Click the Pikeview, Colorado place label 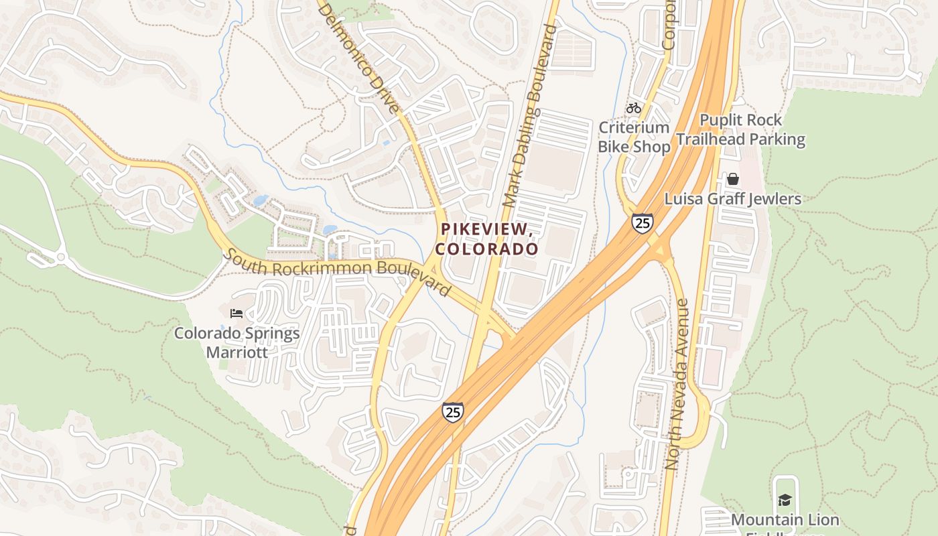pyautogui.click(x=487, y=239)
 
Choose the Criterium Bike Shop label pyautogui.click(x=634, y=137)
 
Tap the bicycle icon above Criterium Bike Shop pyautogui.click(x=634, y=107)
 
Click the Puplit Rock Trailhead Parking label pyautogui.click(x=740, y=130)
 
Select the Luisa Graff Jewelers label pyautogui.click(x=733, y=199)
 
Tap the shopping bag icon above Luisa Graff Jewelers pyautogui.click(x=733, y=179)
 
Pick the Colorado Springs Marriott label pyautogui.click(x=237, y=342)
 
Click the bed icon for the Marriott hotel pyautogui.click(x=236, y=313)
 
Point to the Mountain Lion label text pyautogui.click(x=785, y=520)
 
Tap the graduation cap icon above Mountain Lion pyautogui.click(x=785, y=500)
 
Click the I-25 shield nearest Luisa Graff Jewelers pyautogui.click(x=642, y=223)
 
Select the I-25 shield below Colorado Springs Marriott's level pyautogui.click(x=453, y=411)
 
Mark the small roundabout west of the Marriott pyautogui.click(x=61, y=256)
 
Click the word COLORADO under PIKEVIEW pyautogui.click(x=487, y=249)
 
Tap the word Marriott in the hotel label pyautogui.click(x=237, y=352)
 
